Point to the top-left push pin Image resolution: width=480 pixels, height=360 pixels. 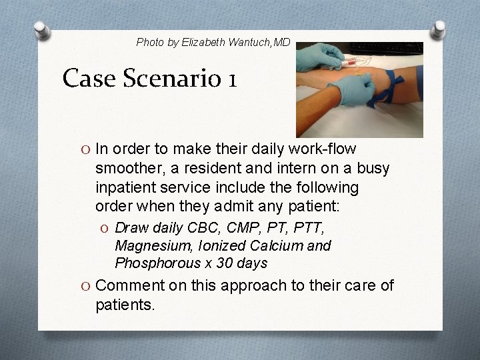[x=41, y=31]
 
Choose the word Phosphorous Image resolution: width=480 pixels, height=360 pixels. [x=152, y=263]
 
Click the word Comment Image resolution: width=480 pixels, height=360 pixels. [x=129, y=287]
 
